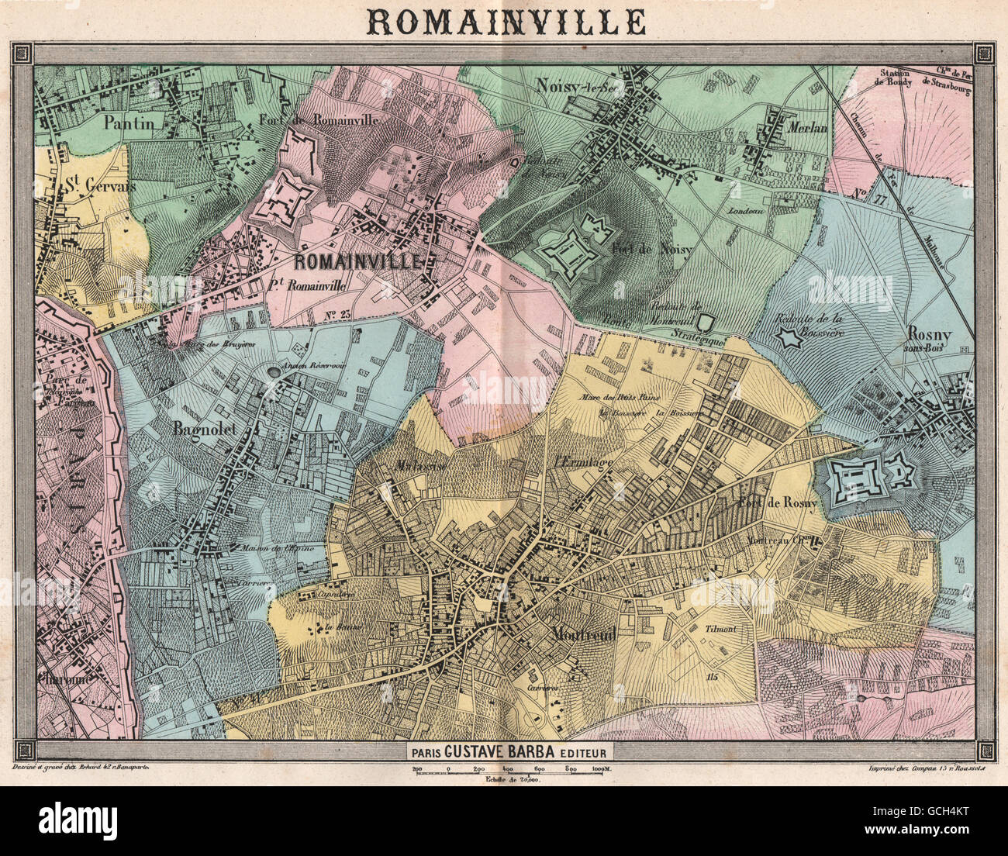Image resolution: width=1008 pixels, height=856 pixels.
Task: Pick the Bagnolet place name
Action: (204, 425)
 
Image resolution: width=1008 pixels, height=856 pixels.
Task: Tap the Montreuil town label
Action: (584, 633)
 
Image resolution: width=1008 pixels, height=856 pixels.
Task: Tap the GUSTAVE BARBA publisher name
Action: (519, 751)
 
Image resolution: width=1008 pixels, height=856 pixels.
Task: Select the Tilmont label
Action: (721, 630)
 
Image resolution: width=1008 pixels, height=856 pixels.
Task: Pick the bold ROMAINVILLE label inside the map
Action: (357, 261)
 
